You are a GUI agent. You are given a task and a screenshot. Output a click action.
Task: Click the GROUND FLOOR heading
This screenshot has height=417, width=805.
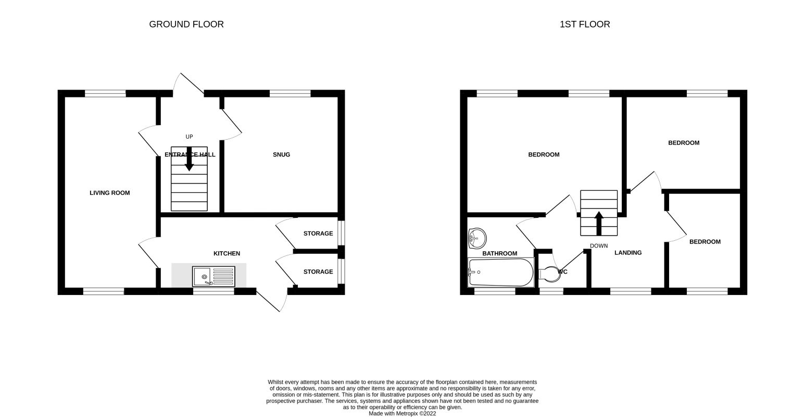(x=186, y=24)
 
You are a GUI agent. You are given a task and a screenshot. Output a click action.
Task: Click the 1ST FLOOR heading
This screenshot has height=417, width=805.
(x=585, y=24)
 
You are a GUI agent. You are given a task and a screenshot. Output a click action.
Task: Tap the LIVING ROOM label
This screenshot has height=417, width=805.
(x=110, y=193)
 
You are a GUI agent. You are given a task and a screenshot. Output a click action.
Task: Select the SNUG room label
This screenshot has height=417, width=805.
(x=281, y=154)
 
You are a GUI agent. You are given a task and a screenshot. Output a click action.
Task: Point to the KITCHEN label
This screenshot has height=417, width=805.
(x=227, y=253)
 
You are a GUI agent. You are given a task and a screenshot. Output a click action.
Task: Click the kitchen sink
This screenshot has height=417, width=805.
(x=213, y=276)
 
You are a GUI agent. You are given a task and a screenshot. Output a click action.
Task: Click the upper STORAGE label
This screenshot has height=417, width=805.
(x=318, y=234)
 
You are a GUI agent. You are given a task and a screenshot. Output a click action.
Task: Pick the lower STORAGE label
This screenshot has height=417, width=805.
(x=318, y=272)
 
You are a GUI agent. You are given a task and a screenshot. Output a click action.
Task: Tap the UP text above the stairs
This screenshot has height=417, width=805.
(x=189, y=137)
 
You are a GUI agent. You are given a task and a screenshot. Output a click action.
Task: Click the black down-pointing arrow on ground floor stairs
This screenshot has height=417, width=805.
(x=189, y=158)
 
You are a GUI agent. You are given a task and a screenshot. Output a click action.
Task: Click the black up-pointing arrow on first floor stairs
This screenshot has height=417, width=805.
(x=599, y=223)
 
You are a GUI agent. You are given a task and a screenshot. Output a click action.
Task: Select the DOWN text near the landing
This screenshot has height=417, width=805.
(x=599, y=246)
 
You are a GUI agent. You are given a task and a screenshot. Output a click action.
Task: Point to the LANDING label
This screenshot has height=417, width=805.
(x=628, y=253)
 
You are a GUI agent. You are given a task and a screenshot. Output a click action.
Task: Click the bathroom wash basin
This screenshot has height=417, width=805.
(x=477, y=238)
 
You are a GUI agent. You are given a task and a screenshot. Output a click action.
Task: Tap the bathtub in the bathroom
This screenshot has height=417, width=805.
(x=500, y=273)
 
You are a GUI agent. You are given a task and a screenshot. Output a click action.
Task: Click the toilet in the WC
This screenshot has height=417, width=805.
(x=549, y=274)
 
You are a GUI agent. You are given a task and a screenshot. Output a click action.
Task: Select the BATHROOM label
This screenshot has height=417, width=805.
(x=499, y=253)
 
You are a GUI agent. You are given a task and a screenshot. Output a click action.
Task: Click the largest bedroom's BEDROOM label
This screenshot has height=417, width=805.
(x=544, y=154)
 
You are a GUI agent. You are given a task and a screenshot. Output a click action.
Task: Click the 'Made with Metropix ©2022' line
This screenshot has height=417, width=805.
(x=402, y=414)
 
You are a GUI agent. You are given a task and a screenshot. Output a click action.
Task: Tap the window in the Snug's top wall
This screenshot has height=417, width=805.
(x=290, y=93)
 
